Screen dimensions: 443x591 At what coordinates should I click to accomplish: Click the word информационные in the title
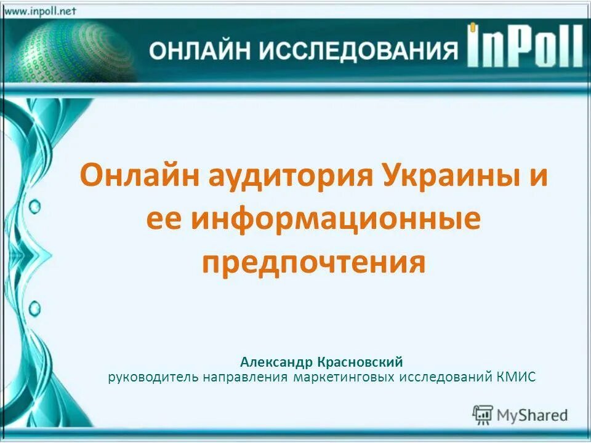coord(335,220)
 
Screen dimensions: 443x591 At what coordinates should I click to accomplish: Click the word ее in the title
coord(164,220)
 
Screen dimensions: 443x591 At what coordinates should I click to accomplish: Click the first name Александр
coord(276,362)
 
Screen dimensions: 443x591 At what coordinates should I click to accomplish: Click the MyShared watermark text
coord(533,415)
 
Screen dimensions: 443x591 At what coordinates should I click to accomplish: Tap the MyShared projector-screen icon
coord(483,415)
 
